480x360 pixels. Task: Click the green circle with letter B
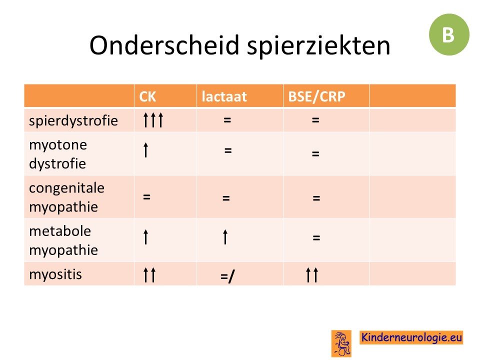pyautogui.click(x=449, y=34)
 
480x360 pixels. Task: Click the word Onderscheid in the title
pyautogui.click(x=164, y=45)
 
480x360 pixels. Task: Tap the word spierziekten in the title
pyautogui.click(x=318, y=46)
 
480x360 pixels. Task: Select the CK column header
pyautogui.click(x=147, y=96)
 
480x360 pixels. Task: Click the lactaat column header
pyautogui.click(x=224, y=96)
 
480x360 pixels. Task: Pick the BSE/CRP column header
pyautogui.click(x=316, y=96)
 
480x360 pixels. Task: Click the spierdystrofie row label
pyautogui.click(x=73, y=120)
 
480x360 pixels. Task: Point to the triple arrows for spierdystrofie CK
pyautogui.click(x=153, y=119)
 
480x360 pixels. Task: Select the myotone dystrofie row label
pyautogui.click(x=58, y=154)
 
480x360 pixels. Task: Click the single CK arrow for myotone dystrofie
pyautogui.click(x=146, y=149)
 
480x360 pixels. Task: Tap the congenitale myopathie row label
pyautogui.click(x=66, y=197)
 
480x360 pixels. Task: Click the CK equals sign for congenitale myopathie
pyautogui.click(x=146, y=196)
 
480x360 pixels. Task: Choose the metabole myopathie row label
pyautogui.click(x=63, y=240)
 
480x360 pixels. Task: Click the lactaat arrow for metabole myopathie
pyautogui.click(x=225, y=237)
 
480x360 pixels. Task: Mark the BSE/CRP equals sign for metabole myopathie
pyautogui.click(x=316, y=237)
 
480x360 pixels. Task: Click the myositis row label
pyautogui.click(x=55, y=274)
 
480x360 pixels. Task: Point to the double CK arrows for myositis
pyautogui.click(x=149, y=274)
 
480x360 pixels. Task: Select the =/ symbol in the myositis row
pyautogui.click(x=227, y=276)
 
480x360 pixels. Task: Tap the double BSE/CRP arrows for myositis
pyautogui.click(x=312, y=274)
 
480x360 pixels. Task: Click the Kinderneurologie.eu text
pyautogui.click(x=411, y=337)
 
